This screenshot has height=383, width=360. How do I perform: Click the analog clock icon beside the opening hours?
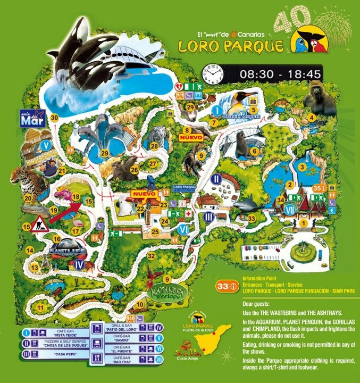point(211,72)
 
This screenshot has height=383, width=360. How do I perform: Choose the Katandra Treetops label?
point(168,294)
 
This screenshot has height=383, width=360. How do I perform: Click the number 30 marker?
point(54,118)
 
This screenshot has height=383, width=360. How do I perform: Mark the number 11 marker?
point(40,307)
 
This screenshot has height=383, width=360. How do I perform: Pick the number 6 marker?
point(254,151)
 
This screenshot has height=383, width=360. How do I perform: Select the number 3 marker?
point(302,168)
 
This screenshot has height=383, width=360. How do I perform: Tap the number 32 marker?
point(151,256)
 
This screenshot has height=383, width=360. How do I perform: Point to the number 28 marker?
point(154,146)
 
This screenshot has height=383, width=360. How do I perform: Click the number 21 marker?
point(62,171)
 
